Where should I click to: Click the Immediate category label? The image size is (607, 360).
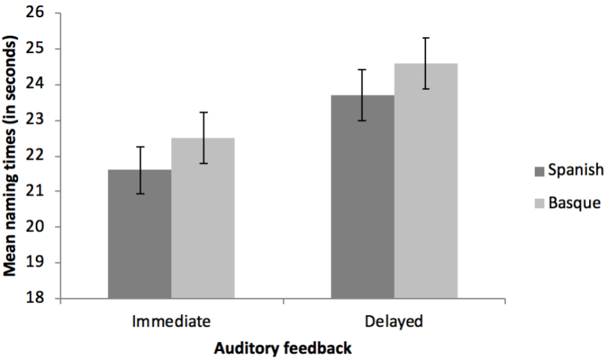click(171, 322)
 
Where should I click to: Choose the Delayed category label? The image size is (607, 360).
click(394, 322)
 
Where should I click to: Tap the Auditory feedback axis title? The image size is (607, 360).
click(282, 348)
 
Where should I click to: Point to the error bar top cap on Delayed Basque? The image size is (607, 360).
click(426, 38)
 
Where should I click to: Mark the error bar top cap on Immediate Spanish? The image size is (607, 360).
click(139, 147)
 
